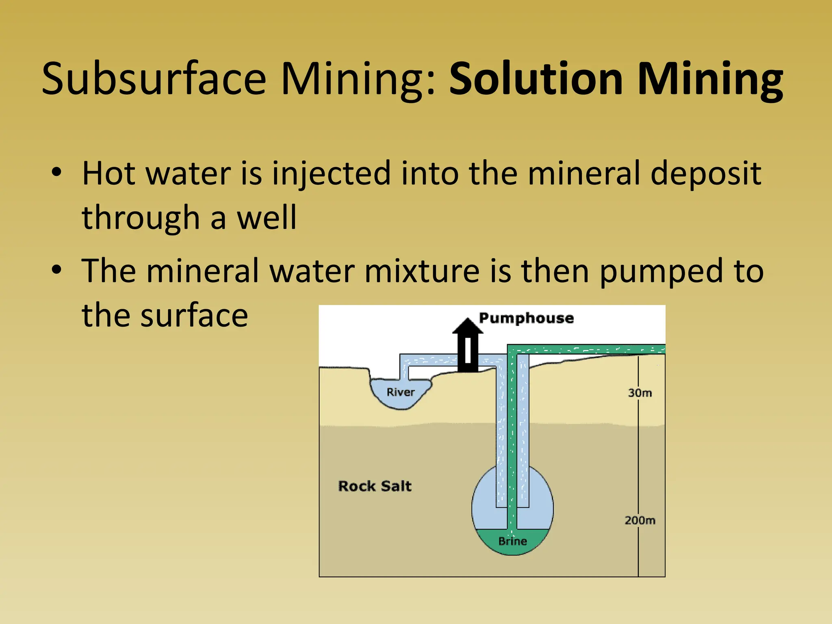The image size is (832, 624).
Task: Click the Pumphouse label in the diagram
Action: (526, 318)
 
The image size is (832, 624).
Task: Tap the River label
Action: (401, 392)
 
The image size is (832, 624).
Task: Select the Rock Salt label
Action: (375, 486)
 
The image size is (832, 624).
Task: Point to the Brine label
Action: (513, 542)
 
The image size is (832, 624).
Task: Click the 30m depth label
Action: (640, 393)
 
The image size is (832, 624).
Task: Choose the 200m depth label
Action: (640, 520)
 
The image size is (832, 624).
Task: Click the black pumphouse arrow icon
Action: (468, 345)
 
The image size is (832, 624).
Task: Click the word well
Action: (266, 218)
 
